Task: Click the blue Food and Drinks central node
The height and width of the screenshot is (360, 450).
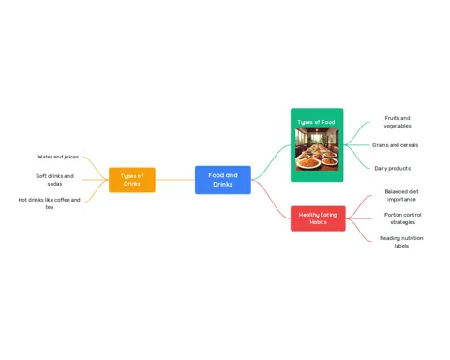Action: click(223, 180)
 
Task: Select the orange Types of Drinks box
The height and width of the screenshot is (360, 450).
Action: click(132, 180)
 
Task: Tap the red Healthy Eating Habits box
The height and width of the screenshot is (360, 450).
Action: click(318, 218)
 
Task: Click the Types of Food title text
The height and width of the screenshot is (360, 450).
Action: click(316, 122)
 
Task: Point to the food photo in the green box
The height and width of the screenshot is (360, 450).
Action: click(317, 149)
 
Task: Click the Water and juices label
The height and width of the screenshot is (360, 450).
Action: click(58, 157)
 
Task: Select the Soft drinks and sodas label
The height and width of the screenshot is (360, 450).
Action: click(54, 180)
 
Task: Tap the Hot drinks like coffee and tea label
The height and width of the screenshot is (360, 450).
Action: click(49, 203)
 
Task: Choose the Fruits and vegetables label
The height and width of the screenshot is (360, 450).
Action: click(397, 122)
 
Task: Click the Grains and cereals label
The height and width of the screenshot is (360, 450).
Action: click(395, 145)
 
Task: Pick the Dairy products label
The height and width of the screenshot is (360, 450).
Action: click(393, 168)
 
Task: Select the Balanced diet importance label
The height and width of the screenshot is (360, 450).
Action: click(401, 195)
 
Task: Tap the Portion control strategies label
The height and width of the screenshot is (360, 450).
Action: click(403, 218)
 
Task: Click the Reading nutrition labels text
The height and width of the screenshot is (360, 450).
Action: click(401, 242)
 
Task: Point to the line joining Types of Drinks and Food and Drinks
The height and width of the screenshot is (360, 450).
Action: click(175, 180)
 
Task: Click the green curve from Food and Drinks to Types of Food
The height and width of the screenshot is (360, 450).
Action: click(271, 162)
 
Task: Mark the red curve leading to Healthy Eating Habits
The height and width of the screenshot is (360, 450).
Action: click(271, 199)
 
